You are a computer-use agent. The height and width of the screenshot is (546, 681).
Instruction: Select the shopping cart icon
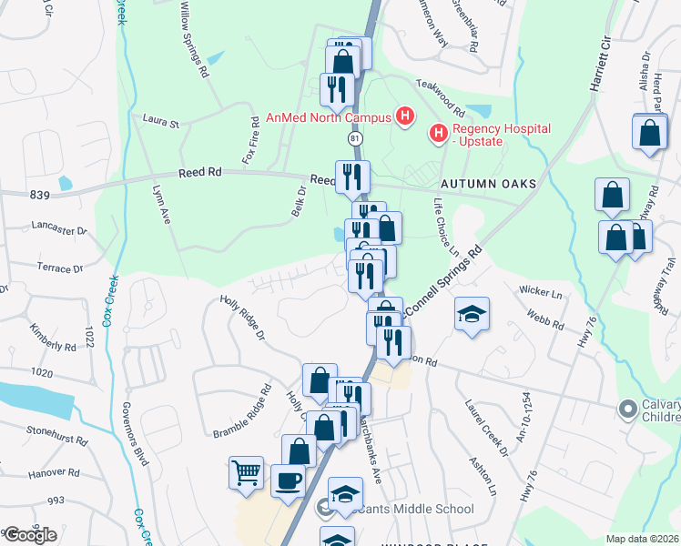coord(247,473)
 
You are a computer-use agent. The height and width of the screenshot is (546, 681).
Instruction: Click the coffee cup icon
coord(289,480)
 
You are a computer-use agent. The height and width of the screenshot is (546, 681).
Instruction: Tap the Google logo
coord(29,535)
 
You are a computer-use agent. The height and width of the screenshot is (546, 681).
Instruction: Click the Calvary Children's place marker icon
coord(627,409)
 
